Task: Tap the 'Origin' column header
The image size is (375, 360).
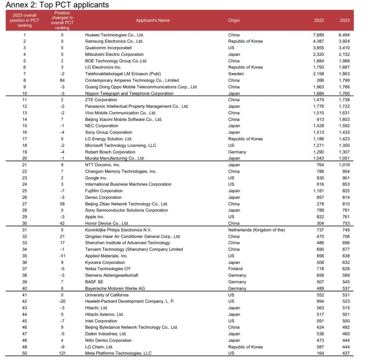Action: click(234, 21)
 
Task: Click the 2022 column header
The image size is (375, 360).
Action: click(319, 21)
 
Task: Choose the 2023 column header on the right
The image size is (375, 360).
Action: click(345, 21)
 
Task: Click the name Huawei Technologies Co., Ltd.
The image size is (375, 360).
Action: click(114, 35)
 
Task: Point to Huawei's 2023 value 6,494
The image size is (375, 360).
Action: click(344, 35)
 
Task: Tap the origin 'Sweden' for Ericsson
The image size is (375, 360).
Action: click(236, 74)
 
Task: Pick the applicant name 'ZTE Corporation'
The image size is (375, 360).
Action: click(101, 100)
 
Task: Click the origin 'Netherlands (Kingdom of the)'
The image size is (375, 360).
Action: click(256, 230)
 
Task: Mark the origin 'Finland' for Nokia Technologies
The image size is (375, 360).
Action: click(235, 269)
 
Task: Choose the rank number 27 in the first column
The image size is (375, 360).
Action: click(25, 204)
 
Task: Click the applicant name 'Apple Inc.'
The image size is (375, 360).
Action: click(94, 217)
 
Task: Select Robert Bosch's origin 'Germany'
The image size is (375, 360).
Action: click(237, 152)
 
